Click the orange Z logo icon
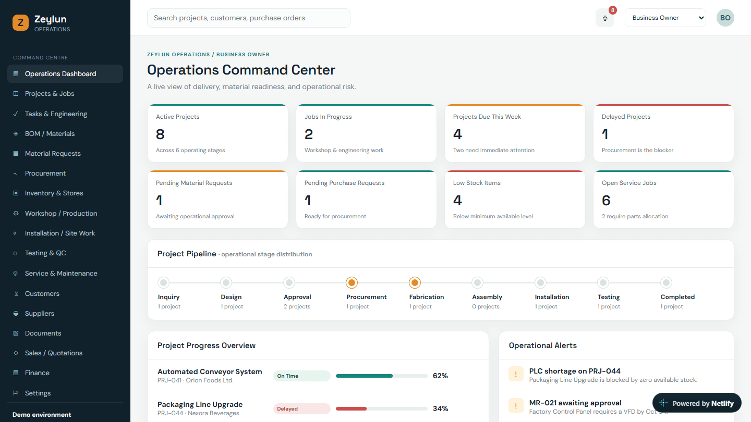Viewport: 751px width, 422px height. [x=20, y=22]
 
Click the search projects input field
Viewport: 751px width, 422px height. [x=248, y=18]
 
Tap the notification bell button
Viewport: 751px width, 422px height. [x=605, y=18]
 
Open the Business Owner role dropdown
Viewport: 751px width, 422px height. [x=665, y=18]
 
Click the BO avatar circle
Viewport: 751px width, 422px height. [x=725, y=18]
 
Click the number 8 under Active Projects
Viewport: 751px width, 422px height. [x=160, y=134]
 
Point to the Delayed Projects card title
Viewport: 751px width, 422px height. [x=626, y=117]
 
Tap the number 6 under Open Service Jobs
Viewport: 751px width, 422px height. [x=606, y=201]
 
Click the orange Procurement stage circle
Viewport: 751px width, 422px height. [x=352, y=283]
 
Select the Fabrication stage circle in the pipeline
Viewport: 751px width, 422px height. [x=415, y=283]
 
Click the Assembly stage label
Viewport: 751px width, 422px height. [x=487, y=297]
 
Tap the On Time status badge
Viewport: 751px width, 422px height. [x=302, y=376]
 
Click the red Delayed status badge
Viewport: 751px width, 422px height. [x=302, y=408]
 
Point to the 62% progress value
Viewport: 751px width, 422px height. [x=440, y=376]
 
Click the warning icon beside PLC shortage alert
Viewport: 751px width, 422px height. [x=516, y=374]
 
